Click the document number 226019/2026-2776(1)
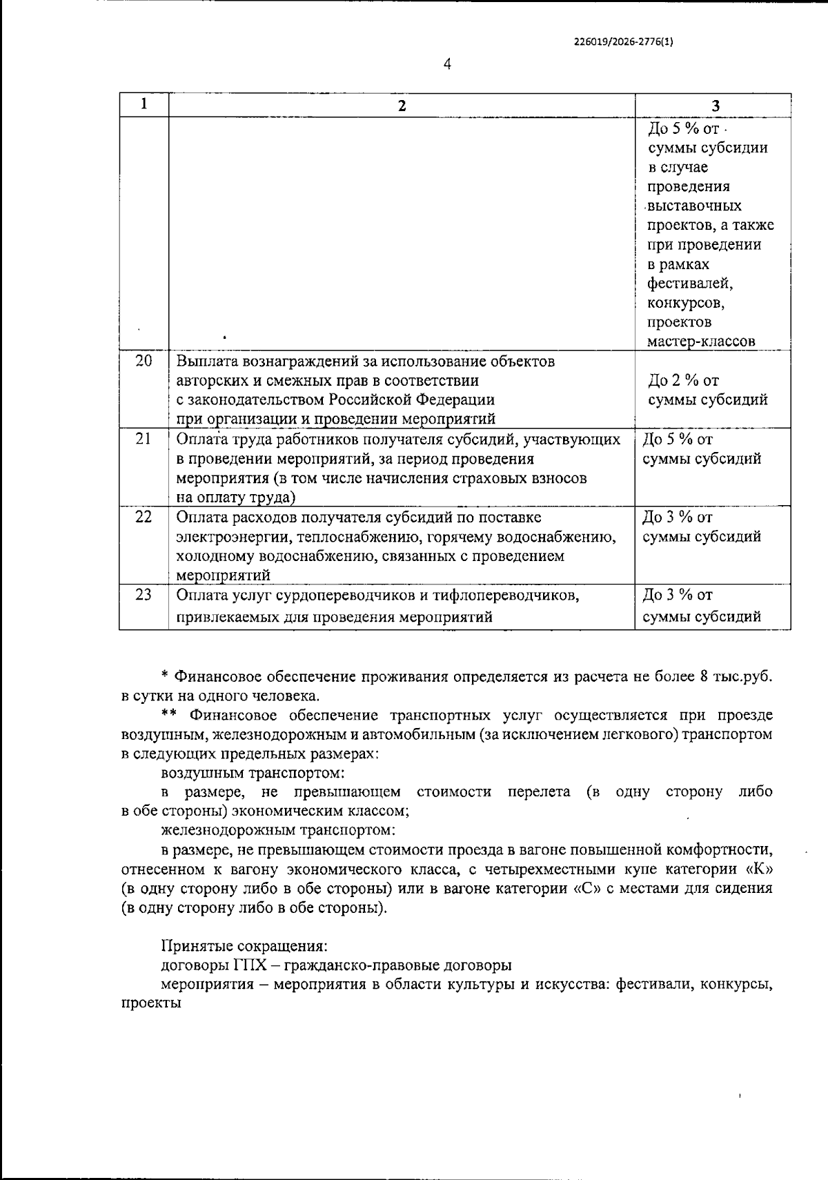(x=622, y=41)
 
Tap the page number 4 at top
(x=447, y=65)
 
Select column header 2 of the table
(x=402, y=106)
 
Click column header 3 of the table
(x=716, y=106)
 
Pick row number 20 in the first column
(x=144, y=361)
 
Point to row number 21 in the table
(x=144, y=439)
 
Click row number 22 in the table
(x=144, y=517)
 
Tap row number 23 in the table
(x=144, y=595)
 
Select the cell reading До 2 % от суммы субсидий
(x=708, y=390)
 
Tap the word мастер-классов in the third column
(x=701, y=342)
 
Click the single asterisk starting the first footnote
(x=165, y=677)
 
